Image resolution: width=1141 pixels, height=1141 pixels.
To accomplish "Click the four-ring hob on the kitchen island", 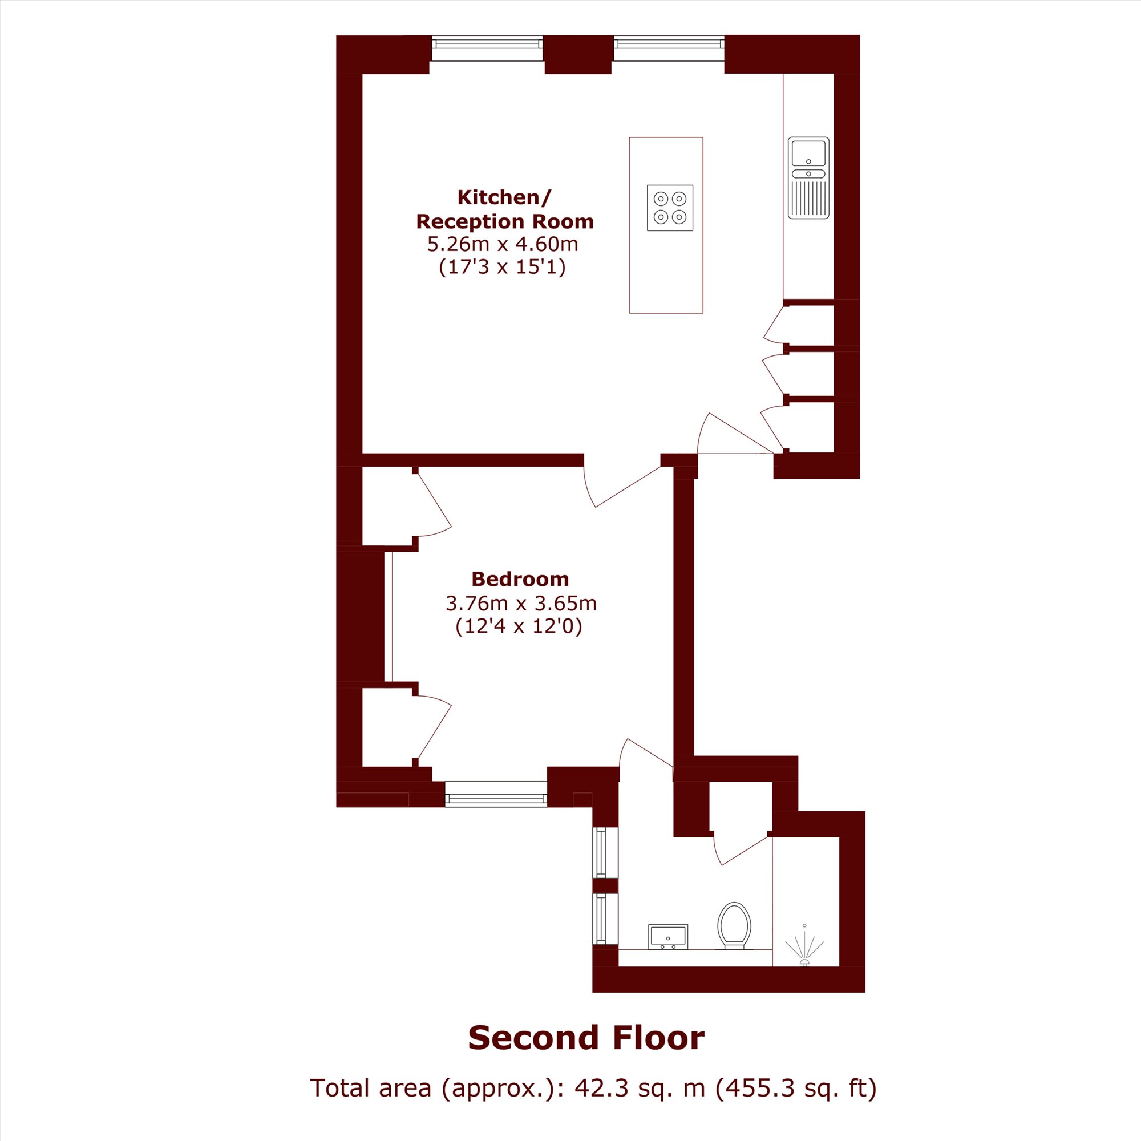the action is point(670,207).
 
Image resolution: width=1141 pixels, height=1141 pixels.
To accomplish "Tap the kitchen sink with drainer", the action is point(808,177).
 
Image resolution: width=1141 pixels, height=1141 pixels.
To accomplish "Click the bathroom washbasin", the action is point(668,937).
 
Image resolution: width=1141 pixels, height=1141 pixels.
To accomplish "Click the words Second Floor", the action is point(586,1038).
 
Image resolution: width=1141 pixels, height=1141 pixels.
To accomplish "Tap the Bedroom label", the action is point(520,578).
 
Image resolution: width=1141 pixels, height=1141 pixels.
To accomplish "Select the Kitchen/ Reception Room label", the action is point(505,209).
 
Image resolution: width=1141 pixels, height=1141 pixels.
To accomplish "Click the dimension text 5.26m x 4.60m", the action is point(503,244).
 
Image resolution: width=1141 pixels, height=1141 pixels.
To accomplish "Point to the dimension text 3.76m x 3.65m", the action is point(521,604).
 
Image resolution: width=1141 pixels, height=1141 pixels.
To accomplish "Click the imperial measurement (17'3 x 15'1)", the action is point(503,268).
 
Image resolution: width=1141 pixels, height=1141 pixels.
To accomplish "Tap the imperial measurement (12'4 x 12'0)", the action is point(519,626).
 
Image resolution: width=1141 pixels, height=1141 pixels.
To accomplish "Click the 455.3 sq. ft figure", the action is point(796,1088).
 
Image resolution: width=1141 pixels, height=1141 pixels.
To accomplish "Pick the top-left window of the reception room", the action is point(487,48).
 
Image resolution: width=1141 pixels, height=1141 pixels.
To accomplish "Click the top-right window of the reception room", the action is point(669,48).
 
